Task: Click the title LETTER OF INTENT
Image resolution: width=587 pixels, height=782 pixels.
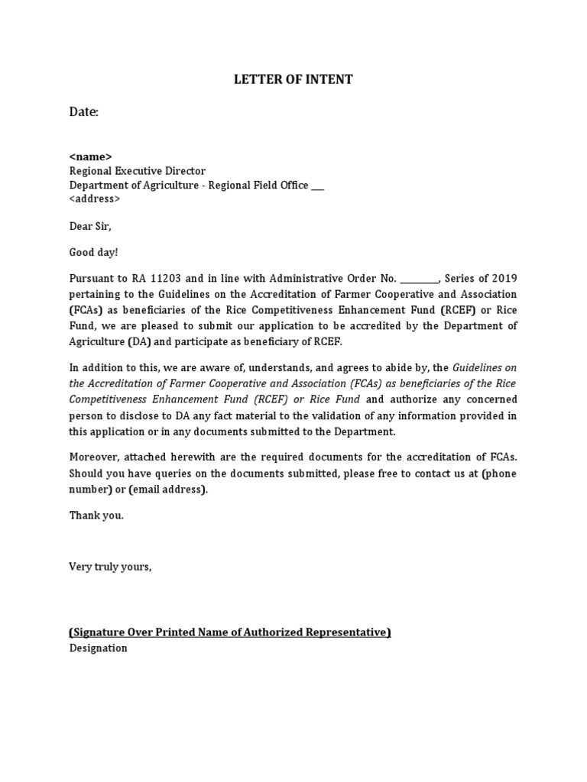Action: pos(293,79)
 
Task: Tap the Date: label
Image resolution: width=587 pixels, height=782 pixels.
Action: pos(84,112)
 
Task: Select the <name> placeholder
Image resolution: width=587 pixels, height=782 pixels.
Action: pos(91,157)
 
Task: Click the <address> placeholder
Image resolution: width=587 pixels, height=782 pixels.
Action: pos(95,199)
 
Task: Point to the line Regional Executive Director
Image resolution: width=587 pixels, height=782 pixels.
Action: pos(138,171)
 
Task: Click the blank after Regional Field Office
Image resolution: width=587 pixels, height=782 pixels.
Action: pos(318,186)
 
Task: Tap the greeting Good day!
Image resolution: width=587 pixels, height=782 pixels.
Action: pos(94,252)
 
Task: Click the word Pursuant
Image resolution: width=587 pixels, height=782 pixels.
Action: pos(93,279)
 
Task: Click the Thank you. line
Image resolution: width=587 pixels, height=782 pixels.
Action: pos(96,515)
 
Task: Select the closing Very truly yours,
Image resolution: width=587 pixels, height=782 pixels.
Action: pos(111,566)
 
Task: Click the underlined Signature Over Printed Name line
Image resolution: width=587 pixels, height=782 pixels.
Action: pos(230,632)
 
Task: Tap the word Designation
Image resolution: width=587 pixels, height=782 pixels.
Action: pos(99,648)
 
